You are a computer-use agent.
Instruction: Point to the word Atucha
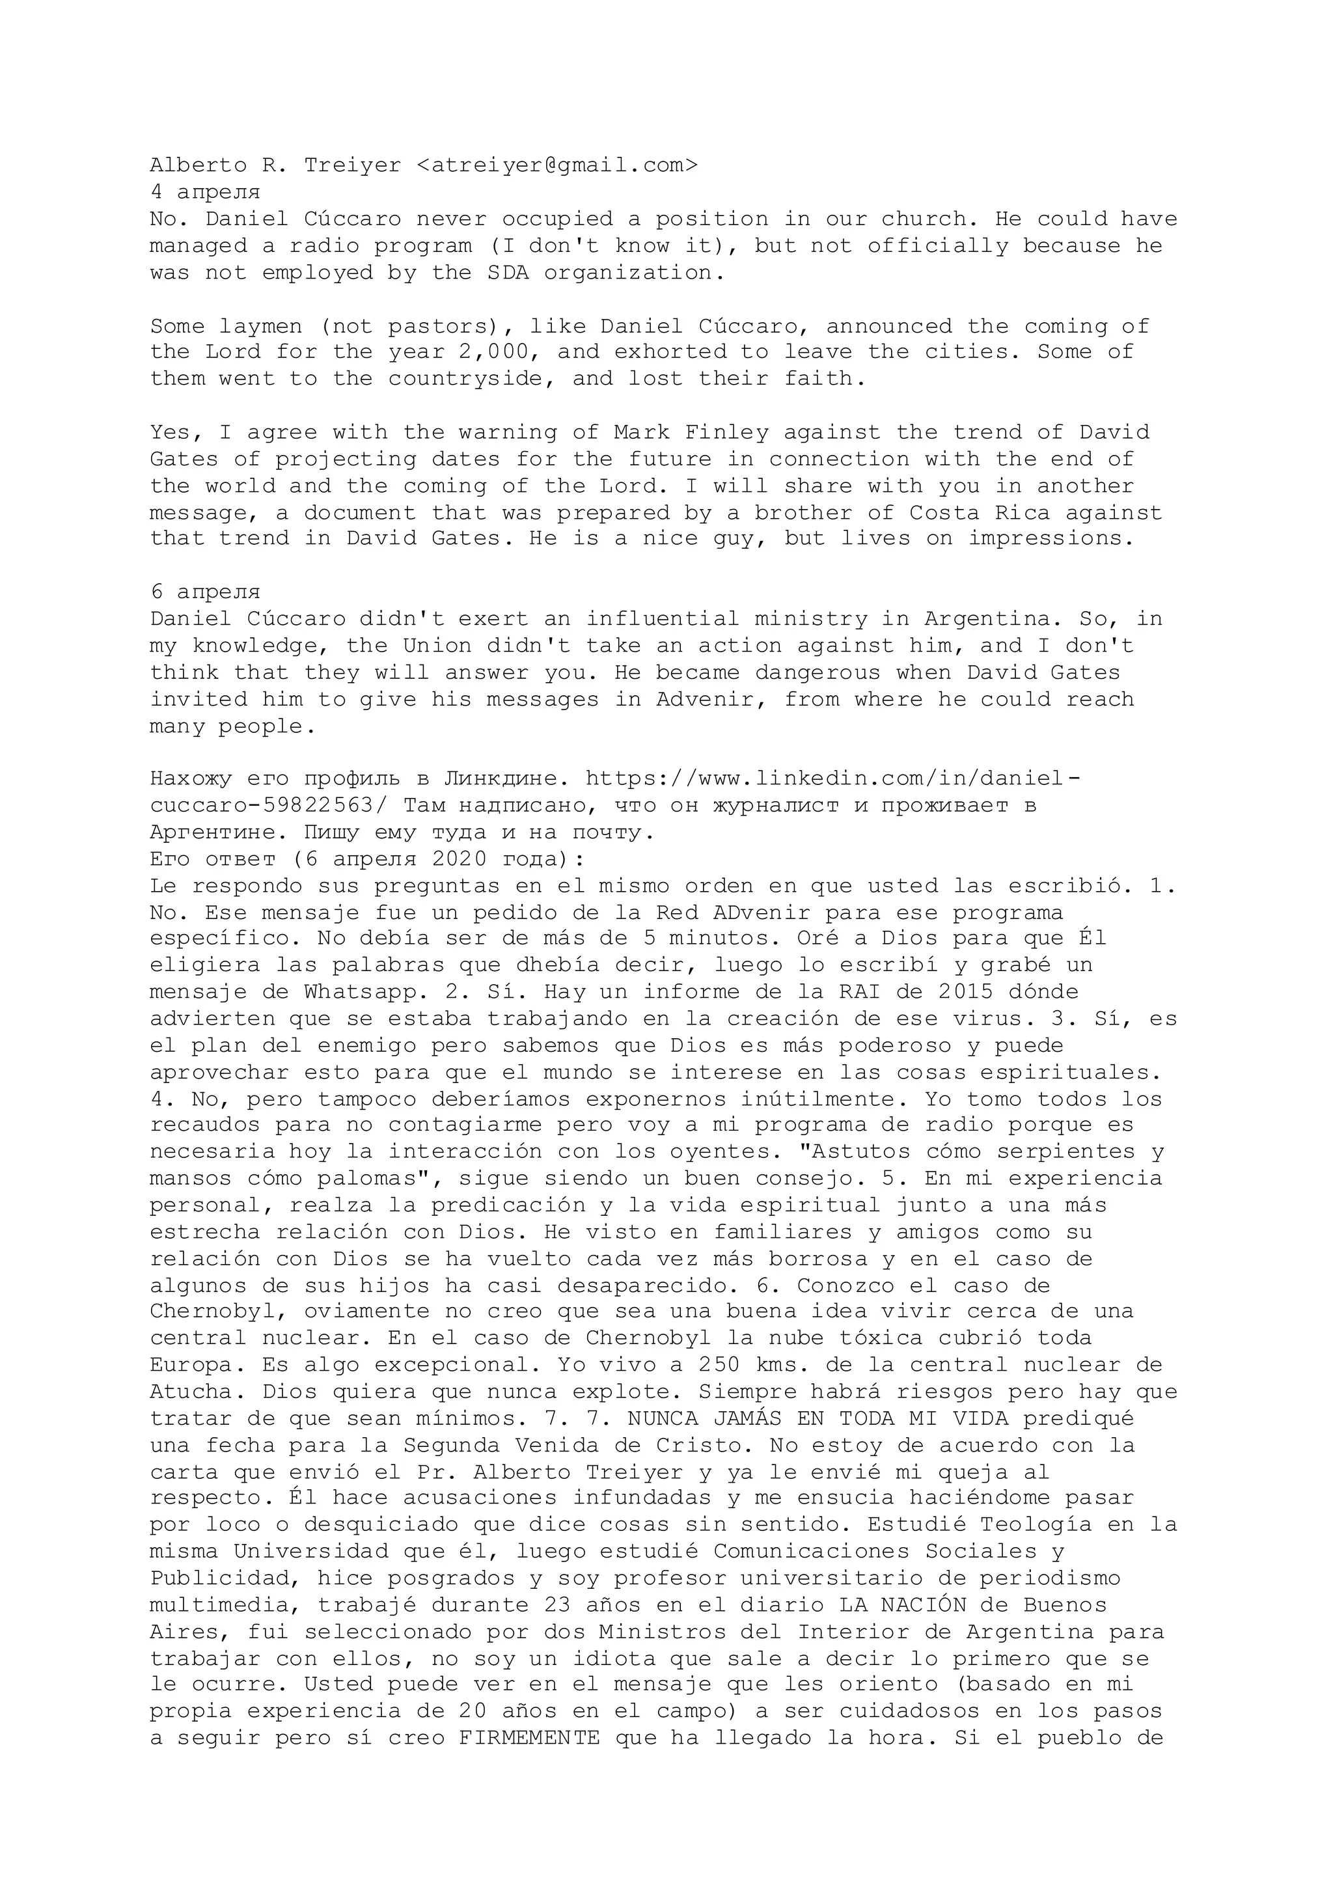[x=198, y=1392]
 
